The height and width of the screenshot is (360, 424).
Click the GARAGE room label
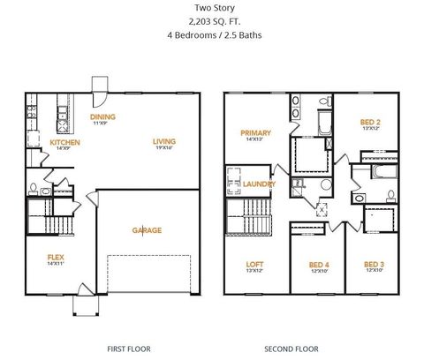(147, 230)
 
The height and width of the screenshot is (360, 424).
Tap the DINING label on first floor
(102, 116)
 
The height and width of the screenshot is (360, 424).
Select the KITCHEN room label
(64, 142)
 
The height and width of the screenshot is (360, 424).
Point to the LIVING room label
(163, 141)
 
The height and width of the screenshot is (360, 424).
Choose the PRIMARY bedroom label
(255, 133)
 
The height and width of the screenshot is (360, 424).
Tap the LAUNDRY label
(259, 184)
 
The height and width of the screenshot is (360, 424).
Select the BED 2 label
(370, 122)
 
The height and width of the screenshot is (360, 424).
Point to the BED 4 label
(319, 264)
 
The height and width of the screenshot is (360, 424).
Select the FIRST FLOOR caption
(127, 349)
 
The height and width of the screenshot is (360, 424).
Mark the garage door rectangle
(147, 274)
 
